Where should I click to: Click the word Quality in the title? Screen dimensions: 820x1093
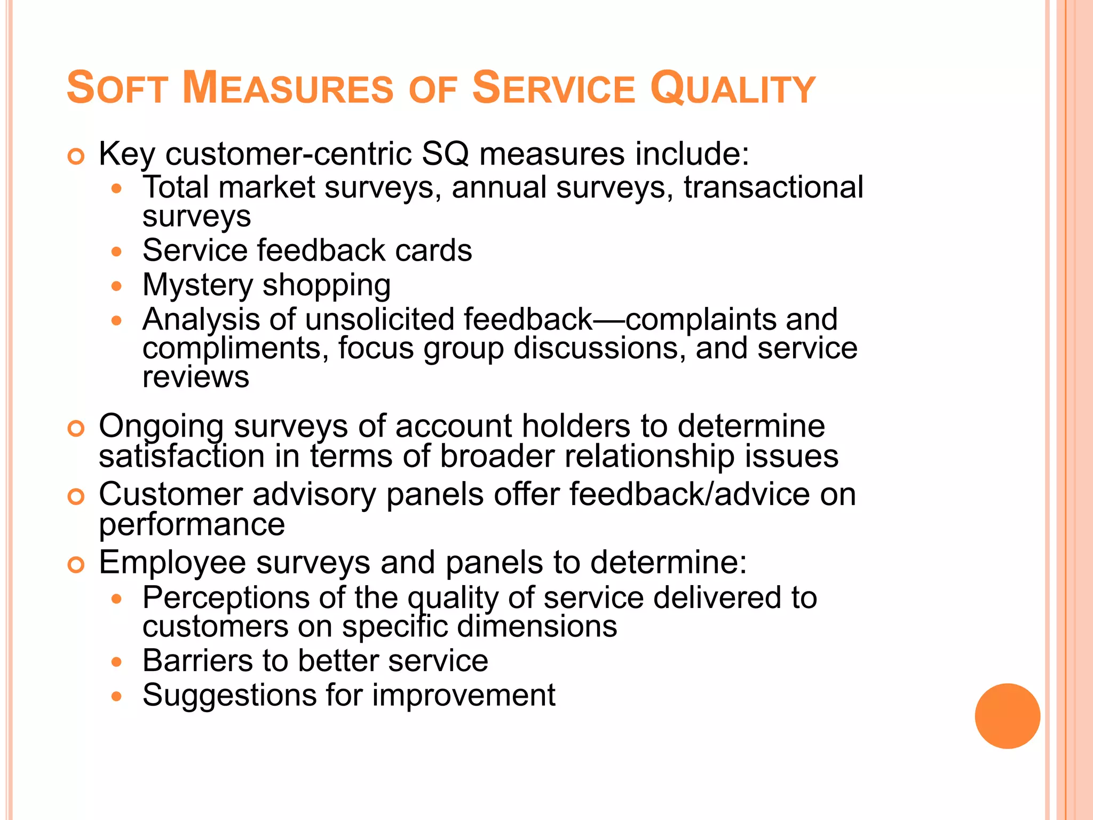[x=732, y=89]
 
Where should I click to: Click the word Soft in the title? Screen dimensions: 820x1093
[x=117, y=89]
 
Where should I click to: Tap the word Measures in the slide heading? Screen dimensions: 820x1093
[x=288, y=89]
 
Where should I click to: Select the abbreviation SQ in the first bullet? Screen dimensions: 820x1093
[x=445, y=154]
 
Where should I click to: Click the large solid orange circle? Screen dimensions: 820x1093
[x=1007, y=716]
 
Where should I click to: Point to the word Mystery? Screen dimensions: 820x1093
[x=197, y=285]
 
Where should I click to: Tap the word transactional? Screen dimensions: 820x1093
[x=773, y=187]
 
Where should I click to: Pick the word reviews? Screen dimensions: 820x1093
[x=196, y=377]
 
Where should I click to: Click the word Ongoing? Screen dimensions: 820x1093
[x=161, y=427]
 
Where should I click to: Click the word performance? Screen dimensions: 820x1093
[x=192, y=524]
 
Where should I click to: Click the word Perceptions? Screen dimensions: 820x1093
[x=226, y=597]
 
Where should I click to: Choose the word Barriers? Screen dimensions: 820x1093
[x=197, y=661]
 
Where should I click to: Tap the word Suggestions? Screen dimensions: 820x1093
[x=229, y=695]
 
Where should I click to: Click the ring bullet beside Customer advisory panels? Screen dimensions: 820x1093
[x=76, y=497]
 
